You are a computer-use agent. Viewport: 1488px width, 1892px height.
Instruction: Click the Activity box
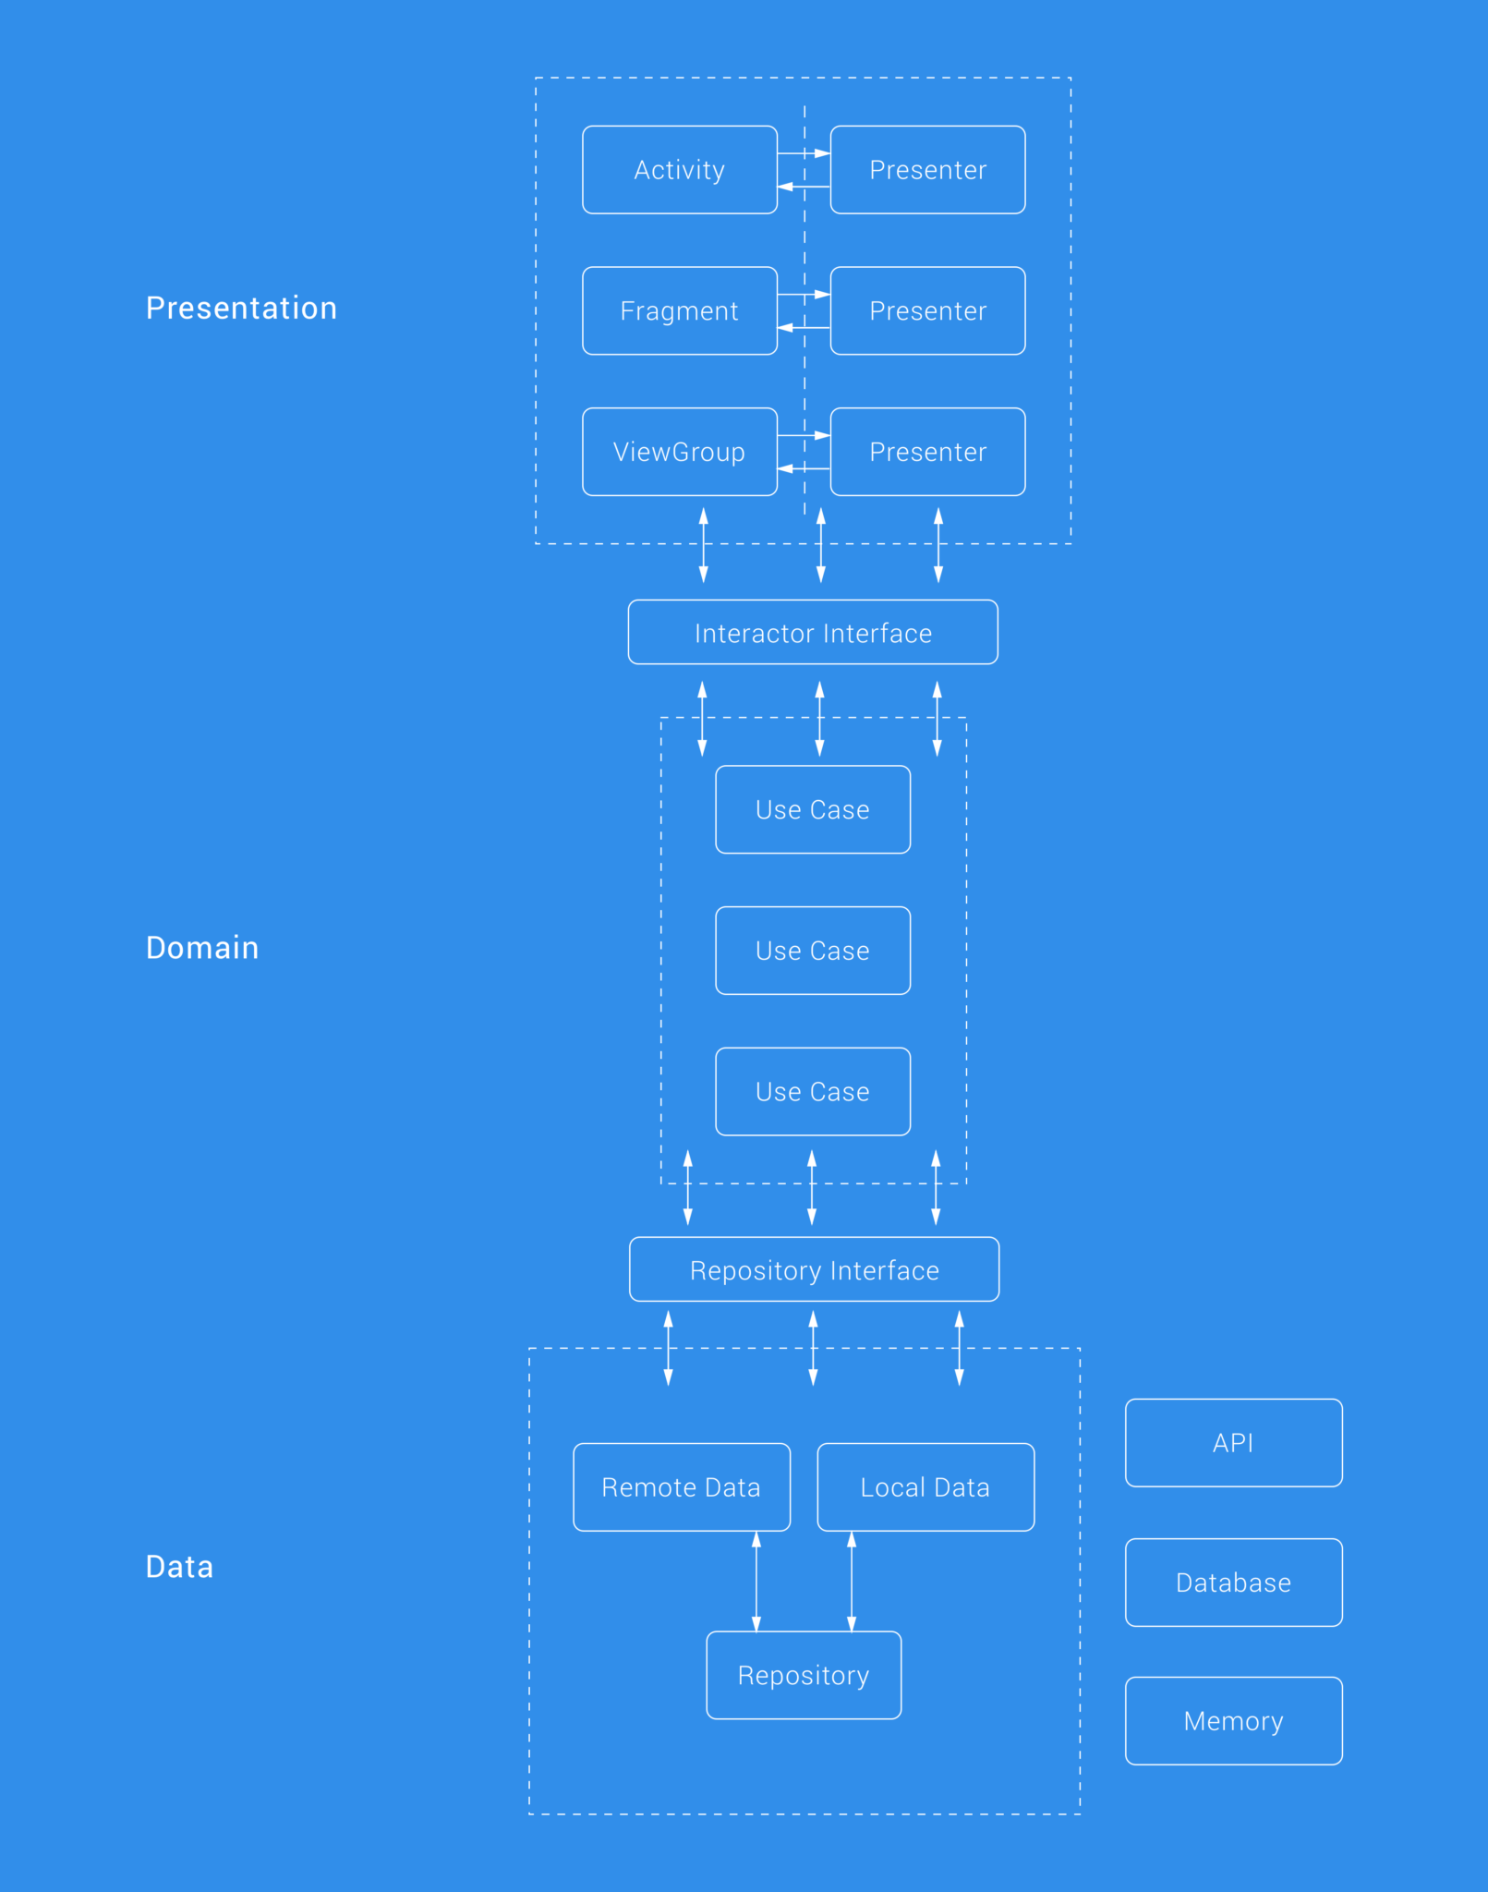[679, 170]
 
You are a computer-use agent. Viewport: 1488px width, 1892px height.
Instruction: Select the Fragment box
[679, 310]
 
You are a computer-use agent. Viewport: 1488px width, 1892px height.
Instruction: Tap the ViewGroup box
[679, 452]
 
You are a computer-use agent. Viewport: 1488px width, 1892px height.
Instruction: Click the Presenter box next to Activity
[927, 170]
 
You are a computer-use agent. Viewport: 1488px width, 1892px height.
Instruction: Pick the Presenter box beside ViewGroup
[927, 452]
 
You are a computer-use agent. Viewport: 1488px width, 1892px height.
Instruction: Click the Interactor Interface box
[813, 633]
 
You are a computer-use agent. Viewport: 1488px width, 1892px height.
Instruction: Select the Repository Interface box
[814, 1270]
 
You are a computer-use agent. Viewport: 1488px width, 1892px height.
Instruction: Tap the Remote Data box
[681, 1487]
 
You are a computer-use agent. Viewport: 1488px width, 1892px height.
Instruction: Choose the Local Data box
[925, 1487]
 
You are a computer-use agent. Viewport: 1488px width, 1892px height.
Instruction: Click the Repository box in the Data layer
[804, 1675]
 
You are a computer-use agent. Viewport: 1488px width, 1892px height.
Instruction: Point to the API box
[1233, 1443]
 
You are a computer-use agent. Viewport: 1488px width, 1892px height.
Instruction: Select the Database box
[1233, 1583]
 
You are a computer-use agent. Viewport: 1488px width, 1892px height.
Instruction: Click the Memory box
[1233, 1721]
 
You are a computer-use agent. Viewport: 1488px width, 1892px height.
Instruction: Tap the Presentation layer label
[241, 308]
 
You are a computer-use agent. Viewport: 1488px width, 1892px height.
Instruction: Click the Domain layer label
[202, 948]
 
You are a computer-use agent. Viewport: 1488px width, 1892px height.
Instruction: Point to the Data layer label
[179, 1567]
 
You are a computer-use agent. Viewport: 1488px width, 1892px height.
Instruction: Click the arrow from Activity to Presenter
[803, 153]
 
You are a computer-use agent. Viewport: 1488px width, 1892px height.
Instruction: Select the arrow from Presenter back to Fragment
[803, 328]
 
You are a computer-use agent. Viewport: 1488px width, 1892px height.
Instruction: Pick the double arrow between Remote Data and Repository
[756, 1581]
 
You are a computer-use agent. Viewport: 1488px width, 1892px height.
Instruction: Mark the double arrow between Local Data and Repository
[852, 1581]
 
